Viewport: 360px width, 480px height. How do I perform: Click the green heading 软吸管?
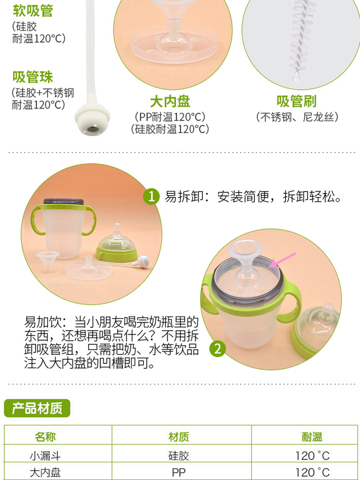point(33,11)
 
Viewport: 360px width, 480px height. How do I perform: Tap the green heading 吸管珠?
point(33,77)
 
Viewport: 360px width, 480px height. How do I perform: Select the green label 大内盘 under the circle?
point(170,101)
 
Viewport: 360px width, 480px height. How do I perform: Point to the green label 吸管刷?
point(296,101)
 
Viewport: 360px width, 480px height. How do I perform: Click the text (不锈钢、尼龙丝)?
point(297,117)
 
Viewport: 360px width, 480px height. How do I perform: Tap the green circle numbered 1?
point(151,196)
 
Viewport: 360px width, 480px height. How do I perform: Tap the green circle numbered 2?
point(217,348)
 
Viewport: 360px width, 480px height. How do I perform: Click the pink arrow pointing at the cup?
point(283,260)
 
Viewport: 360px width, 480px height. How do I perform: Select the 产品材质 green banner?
point(37,408)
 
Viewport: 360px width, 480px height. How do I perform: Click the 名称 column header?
point(45,437)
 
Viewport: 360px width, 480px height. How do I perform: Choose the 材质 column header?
point(179,437)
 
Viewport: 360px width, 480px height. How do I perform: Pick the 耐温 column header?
point(312,437)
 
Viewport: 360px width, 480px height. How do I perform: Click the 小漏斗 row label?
point(45,456)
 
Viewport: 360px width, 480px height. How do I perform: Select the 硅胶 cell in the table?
point(179,456)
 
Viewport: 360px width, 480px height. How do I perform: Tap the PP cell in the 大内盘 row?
point(179,472)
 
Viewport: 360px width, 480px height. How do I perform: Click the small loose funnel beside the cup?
point(47,261)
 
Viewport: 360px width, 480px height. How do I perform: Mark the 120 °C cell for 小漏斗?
point(312,456)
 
